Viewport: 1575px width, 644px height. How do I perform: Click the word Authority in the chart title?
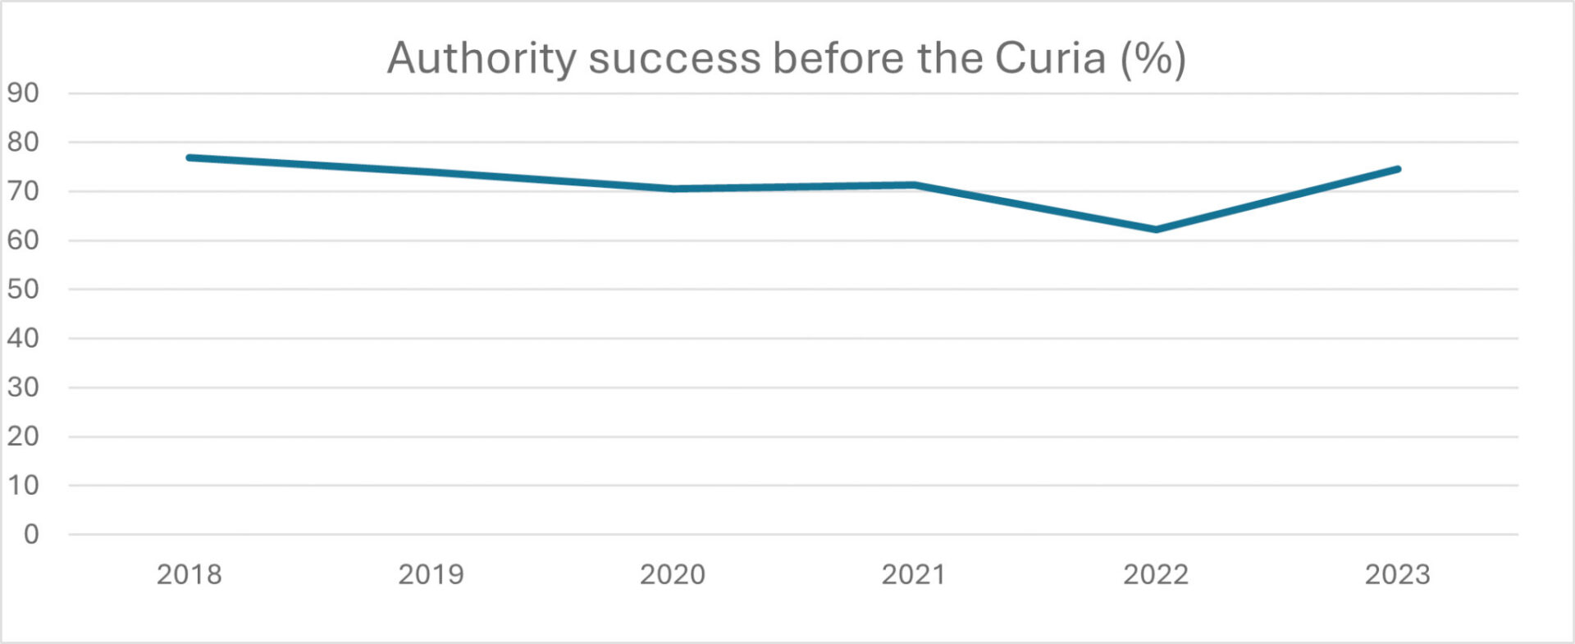point(482,59)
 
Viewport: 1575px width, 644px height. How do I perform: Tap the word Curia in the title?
point(1050,59)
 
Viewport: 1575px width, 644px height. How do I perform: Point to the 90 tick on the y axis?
point(23,93)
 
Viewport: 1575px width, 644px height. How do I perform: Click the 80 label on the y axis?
point(23,142)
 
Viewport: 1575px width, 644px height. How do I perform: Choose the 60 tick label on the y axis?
point(23,240)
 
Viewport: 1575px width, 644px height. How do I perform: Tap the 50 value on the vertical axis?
point(23,289)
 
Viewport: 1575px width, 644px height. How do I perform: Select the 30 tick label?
point(23,387)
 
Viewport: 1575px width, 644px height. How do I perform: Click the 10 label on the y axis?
point(23,485)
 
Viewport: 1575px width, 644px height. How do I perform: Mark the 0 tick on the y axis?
point(31,534)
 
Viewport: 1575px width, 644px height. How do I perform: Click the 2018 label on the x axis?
point(189,574)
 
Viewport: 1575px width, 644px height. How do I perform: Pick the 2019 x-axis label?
point(431,574)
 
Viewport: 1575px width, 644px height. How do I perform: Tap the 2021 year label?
point(914,574)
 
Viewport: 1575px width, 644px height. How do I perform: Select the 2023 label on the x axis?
point(1397,574)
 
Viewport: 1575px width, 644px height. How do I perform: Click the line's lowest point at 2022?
point(1156,230)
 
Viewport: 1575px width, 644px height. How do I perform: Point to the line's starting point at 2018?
point(189,158)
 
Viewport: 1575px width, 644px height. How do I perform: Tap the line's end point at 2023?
point(1398,169)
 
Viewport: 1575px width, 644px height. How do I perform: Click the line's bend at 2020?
point(673,189)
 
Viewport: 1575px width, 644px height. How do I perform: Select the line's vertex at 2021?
point(914,185)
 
